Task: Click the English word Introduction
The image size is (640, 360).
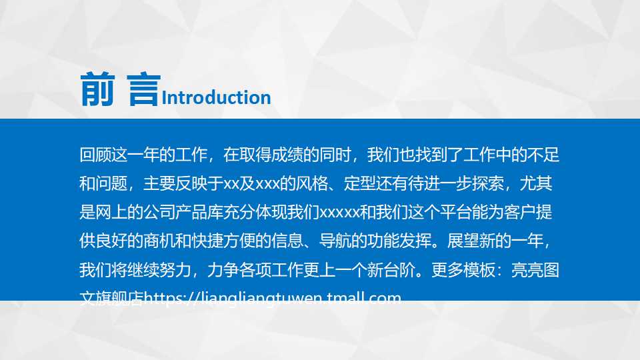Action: tap(217, 97)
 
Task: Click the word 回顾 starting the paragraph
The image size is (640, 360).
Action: tap(94, 155)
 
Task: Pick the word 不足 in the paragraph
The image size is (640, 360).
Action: tap(543, 155)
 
